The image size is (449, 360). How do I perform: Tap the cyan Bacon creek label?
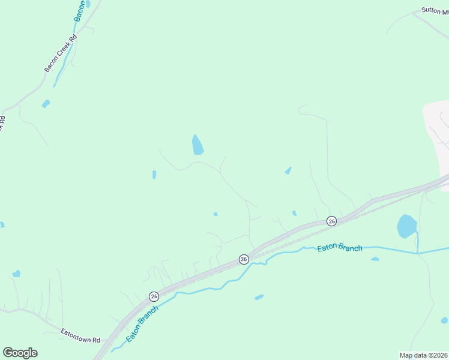click(x=80, y=11)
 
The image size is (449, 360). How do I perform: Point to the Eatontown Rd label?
click(x=80, y=335)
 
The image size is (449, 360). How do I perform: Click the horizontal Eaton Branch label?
click(x=340, y=247)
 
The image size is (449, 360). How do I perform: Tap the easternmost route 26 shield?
click(x=331, y=221)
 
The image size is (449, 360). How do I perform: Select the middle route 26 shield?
click(x=244, y=259)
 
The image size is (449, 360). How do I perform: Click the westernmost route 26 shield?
click(x=154, y=296)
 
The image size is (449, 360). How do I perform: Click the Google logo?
click(x=20, y=353)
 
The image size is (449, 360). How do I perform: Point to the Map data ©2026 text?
click(x=423, y=355)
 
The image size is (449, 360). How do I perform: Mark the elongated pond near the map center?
click(x=197, y=145)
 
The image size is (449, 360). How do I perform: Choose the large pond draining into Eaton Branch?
click(x=406, y=227)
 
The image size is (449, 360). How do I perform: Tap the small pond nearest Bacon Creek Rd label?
click(x=46, y=104)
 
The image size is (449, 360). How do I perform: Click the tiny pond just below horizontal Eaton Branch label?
click(x=375, y=259)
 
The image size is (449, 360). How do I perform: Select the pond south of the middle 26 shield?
click(x=259, y=297)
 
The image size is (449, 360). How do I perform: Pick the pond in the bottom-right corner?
click(x=444, y=320)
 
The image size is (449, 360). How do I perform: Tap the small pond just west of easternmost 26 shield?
click(x=294, y=213)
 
